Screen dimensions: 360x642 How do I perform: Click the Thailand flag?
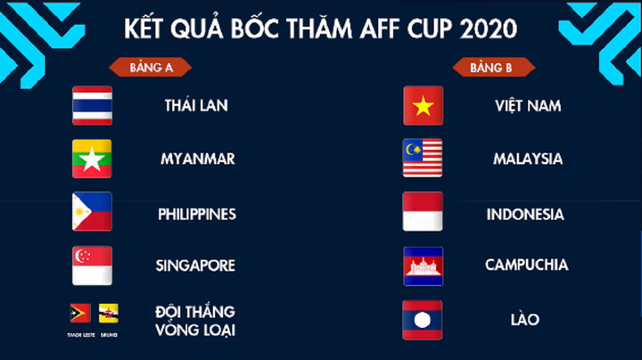point(92,105)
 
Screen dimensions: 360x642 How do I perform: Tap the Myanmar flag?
point(92,159)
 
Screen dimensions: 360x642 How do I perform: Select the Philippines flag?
point(92,212)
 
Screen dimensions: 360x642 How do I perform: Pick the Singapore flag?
point(92,266)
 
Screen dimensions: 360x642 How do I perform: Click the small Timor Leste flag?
point(80,313)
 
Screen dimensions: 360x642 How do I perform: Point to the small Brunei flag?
point(109,313)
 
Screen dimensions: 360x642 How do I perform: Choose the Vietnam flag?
point(423,105)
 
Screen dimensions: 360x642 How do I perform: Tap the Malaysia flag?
point(423,159)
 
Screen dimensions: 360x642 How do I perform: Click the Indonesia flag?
point(423,212)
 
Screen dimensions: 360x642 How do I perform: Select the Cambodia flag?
point(423,266)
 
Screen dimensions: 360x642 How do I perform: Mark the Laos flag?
point(423,319)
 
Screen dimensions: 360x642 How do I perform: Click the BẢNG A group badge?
point(150,67)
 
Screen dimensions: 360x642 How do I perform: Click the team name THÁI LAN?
point(196,105)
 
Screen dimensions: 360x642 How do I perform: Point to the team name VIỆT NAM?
point(528,105)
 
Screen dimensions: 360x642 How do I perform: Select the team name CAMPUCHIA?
point(526,265)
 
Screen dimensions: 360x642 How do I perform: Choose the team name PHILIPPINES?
point(197,214)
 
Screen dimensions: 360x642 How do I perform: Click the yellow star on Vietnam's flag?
point(423,105)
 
